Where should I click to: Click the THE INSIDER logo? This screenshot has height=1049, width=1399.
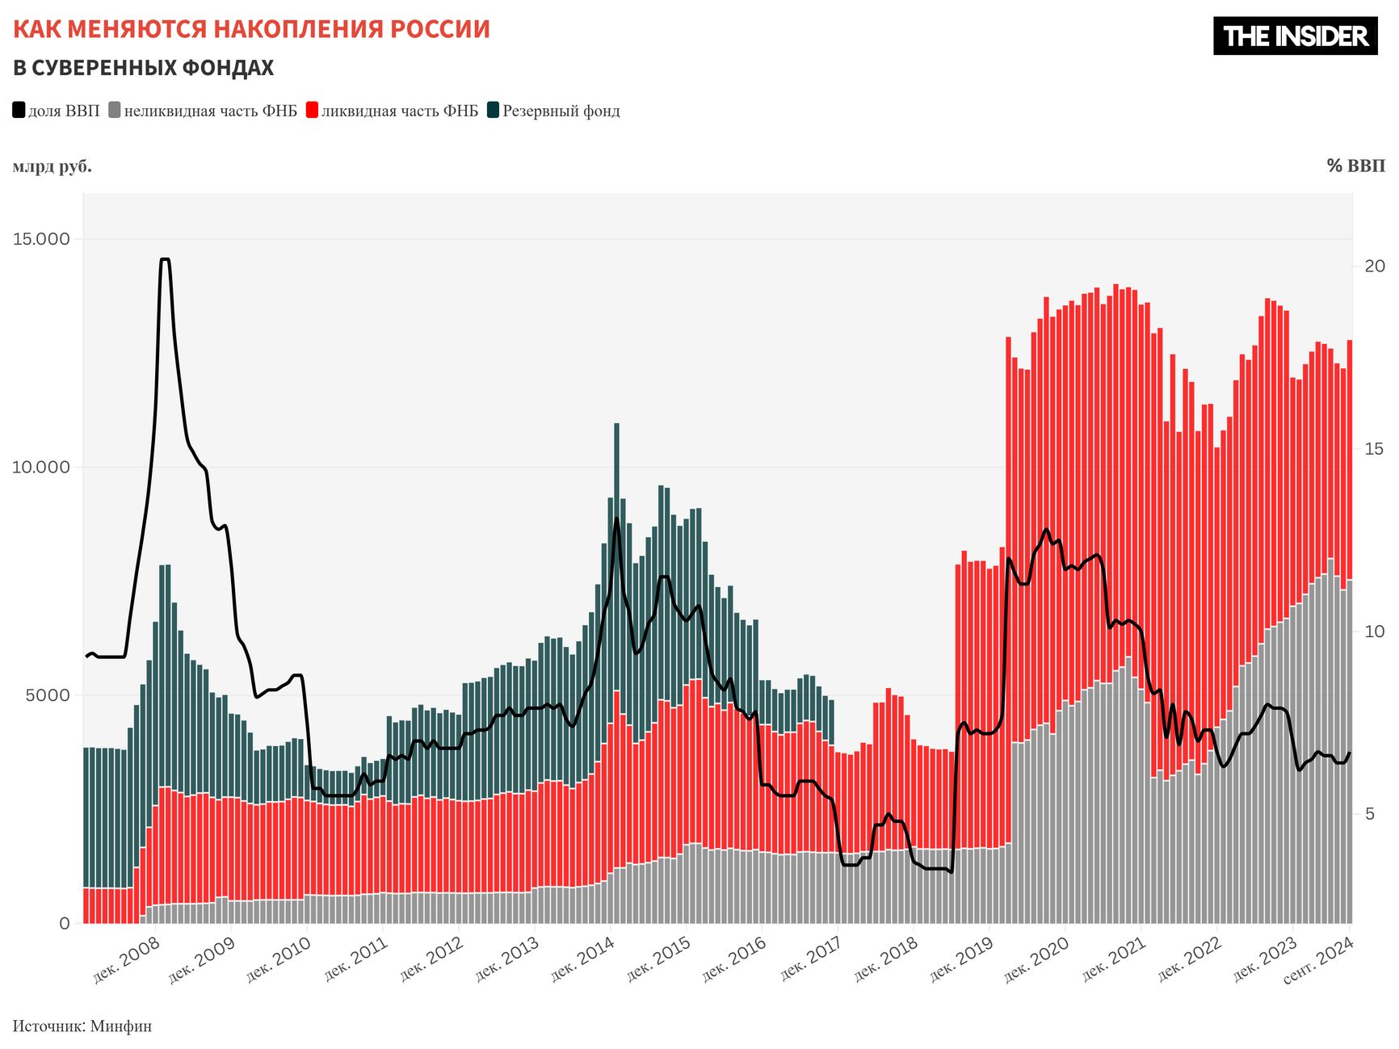[x=1295, y=36]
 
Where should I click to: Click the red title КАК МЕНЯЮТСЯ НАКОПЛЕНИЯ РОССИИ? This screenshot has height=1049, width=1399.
[x=251, y=29]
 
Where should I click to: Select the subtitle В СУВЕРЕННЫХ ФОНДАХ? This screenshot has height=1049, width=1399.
[x=143, y=68]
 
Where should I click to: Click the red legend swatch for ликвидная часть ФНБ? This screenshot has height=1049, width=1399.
[x=313, y=111]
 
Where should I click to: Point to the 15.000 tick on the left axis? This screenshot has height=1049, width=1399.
[x=41, y=239]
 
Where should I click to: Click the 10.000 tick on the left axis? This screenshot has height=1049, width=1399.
[x=41, y=467]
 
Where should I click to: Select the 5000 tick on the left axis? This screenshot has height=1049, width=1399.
[x=48, y=695]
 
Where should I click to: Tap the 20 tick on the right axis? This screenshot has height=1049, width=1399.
[x=1374, y=266]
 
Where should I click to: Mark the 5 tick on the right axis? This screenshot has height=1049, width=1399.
[x=1369, y=813]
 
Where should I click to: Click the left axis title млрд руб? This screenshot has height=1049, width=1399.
[x=53, y=166]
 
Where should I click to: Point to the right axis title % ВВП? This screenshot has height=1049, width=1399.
[x=1355, y=166]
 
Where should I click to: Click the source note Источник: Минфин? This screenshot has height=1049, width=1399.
[x=82, y=1026]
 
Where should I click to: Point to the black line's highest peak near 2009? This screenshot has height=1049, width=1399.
[x=165, y=259]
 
